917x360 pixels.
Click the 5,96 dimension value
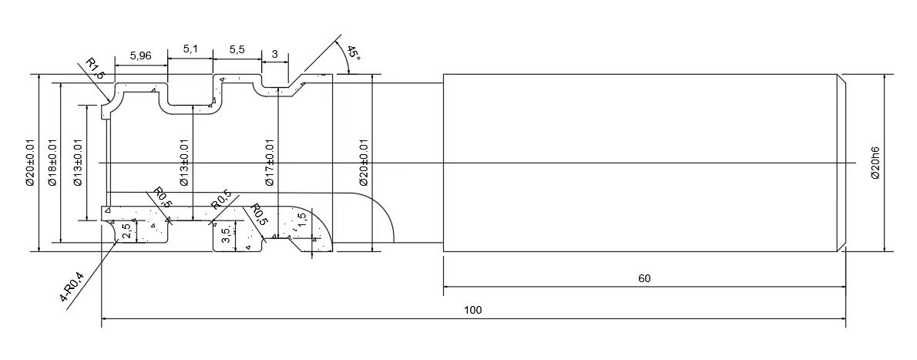141,56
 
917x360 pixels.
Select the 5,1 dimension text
190,50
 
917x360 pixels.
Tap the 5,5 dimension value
237,50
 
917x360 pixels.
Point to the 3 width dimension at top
275,52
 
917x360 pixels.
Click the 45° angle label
354,54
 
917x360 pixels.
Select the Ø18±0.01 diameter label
52,163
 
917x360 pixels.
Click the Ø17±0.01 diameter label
270,163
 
